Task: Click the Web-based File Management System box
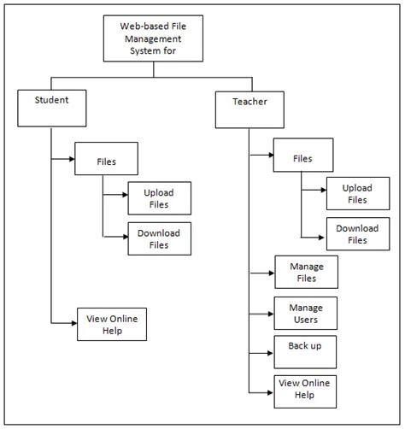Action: (154, 38)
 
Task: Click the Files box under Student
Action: (107, 160)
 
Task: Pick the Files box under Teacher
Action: (303, 158)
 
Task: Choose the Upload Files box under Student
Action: (159, 198)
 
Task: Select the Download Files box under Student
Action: (159, 239)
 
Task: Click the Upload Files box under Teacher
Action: (357, 194)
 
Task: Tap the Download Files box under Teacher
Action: (357, 234)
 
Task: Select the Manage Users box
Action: (306, 314)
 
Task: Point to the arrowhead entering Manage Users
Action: (270, 314)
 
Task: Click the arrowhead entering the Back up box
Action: (270, 352)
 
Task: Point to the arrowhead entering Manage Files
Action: (270, 273)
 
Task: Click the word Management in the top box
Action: (154, 38)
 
